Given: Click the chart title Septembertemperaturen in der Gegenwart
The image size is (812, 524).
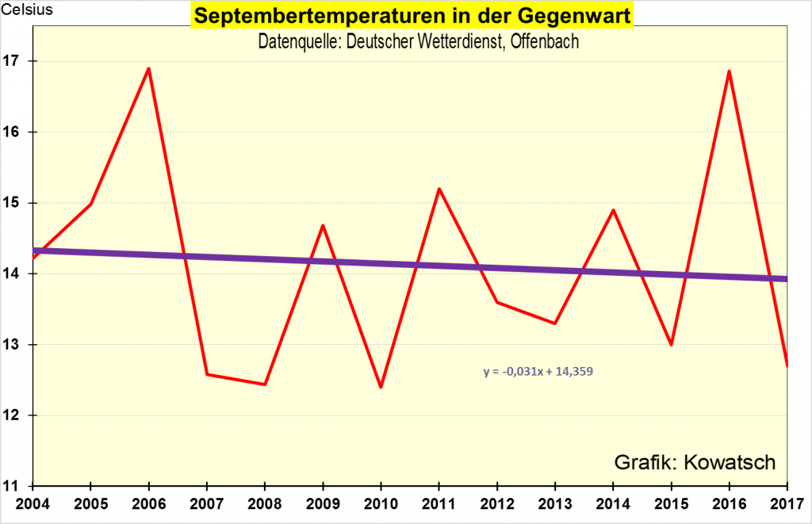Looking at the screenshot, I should (x=412, y=16).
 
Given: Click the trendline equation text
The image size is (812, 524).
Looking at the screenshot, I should (x=538, y=370).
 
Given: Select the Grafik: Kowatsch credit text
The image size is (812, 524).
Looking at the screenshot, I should (x=695, y=462).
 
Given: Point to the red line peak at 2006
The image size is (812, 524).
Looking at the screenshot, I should (x=148, y=68).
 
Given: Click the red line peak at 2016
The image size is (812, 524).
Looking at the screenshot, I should (x=729, y=71).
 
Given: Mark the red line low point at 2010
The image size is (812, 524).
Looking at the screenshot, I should (x=381, y=387).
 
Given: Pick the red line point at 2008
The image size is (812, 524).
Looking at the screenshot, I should (x=264, y=384).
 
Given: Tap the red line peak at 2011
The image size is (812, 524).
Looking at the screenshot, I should (x=439, y=189).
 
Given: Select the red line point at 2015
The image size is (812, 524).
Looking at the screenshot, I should (x=671, y=345).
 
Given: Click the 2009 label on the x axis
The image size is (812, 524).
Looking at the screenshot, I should (x=323, y=504).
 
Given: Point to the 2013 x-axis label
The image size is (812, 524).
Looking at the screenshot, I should (x=555, y=504).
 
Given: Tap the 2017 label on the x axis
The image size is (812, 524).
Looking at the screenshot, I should (x=786, y=504).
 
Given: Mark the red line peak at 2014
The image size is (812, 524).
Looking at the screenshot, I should (x=613, y=210).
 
